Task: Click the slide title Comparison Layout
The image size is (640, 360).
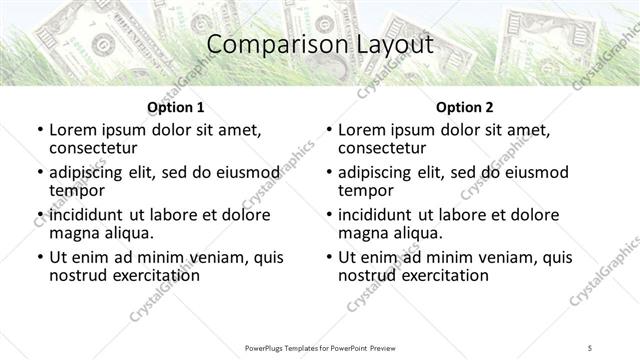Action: click(320, 46)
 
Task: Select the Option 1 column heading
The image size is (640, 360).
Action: click(176, 107)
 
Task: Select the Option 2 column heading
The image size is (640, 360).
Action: click(464, 107)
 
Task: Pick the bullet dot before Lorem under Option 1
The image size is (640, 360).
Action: click(39, 131)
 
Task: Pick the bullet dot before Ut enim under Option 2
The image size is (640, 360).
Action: click(328, 258)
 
